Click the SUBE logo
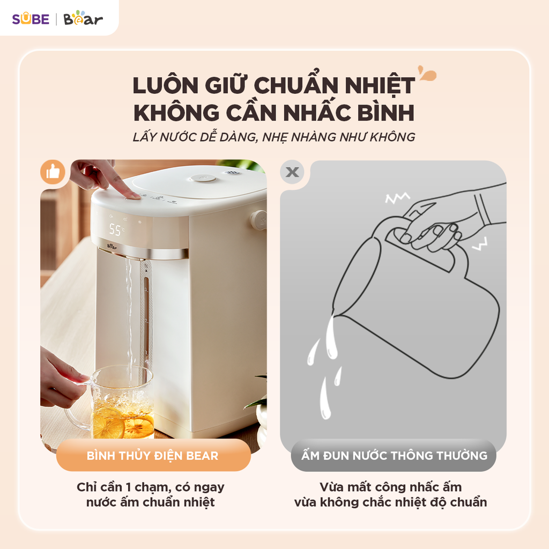[x=31, y=19]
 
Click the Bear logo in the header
[x=83, y=19]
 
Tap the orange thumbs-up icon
[x=53, y=172]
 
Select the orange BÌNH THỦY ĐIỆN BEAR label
[x=153, y=456]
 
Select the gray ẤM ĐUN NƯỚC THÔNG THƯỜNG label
[x=394, y=456]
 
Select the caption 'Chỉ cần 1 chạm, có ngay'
[x=150, y=487]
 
